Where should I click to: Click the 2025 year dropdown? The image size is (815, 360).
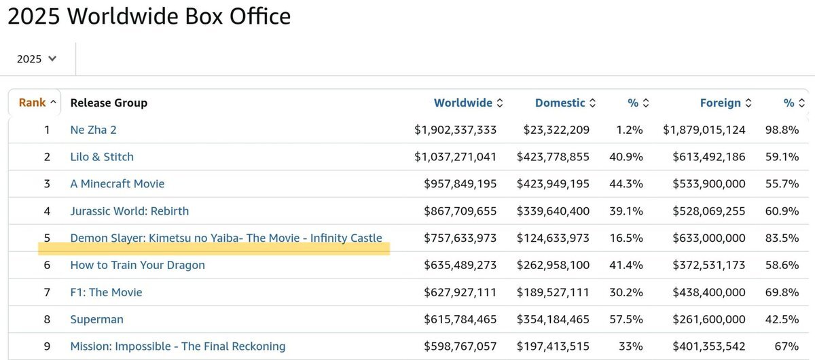tap(37, 59)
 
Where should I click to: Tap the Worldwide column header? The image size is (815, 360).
tap(463, 103)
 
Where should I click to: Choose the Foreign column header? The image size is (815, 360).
tap(721, 103)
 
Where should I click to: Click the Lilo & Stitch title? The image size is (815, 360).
tap(102, 157)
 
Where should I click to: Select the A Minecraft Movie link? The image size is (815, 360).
tap(117, 184)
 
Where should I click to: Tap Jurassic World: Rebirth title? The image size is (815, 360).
tap(130, 211)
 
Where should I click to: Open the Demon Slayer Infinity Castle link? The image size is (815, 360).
tap(226, 238)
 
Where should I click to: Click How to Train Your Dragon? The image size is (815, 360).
tap(137, 265)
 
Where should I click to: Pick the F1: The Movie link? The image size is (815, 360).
tap(106, 292)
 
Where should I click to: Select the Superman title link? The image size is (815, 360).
tap(97, 319)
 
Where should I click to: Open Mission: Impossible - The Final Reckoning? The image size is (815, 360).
tap(178, 346)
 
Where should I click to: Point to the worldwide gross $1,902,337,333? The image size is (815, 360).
tap(455, 130)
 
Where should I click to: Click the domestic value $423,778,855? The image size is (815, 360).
tap(553, 157)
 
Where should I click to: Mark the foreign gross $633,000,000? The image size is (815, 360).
tap(708, 238)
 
